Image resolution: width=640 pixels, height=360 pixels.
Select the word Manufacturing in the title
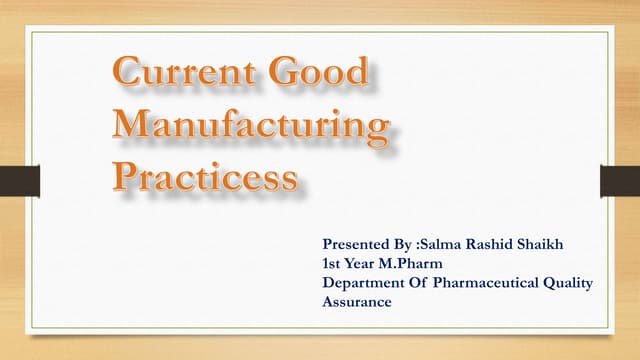249,127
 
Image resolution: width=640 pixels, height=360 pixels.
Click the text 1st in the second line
332,263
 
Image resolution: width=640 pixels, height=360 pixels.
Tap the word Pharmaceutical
486,283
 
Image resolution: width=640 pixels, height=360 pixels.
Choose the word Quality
569,283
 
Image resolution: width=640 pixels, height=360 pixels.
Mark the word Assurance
357,301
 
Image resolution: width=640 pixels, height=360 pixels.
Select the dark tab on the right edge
619,181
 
